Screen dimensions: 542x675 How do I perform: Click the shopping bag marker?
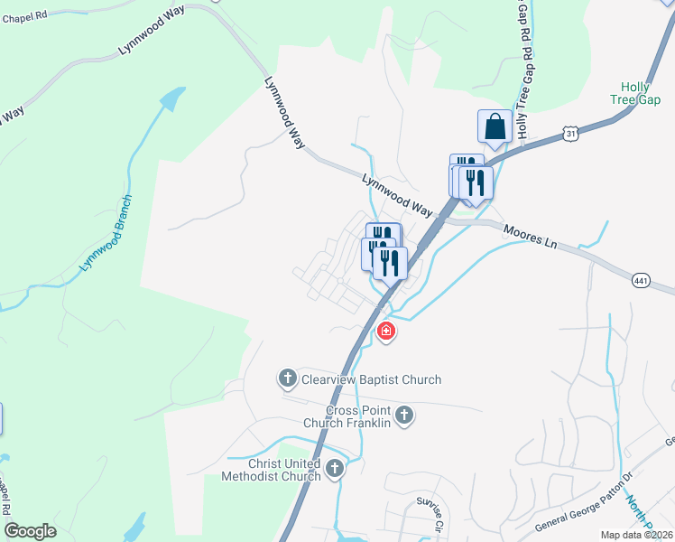click(x=495, y=127)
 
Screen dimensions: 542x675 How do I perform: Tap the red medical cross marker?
click(x=386, y=332)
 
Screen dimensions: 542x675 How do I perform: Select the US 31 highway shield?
click(x=570, y=134)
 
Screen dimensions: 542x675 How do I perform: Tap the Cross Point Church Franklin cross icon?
click(x=404, y=416)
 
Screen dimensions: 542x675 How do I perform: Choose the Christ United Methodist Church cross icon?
click(x=335, y=468)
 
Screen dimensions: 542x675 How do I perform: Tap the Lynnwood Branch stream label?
click(x=106, y=233)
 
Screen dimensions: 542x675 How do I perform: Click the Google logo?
click(x=30, y=531)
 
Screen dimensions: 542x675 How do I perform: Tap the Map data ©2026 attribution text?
click(x=637, y=534)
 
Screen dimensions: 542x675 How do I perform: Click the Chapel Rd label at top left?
click(x=24, y=18)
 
